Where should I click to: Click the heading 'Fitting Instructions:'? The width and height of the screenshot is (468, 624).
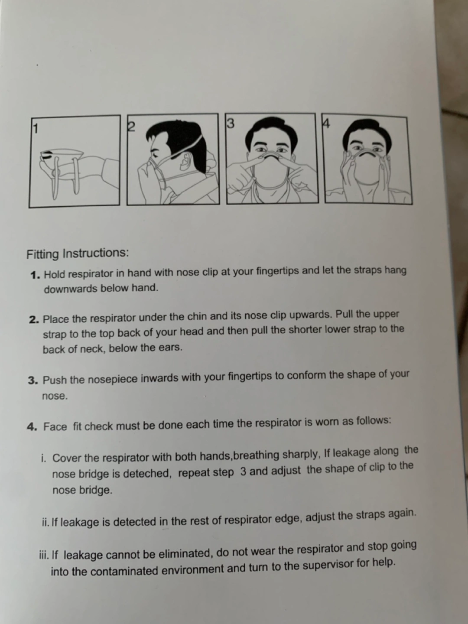coord(78,253)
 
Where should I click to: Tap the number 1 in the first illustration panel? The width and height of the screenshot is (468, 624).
coord(36,128)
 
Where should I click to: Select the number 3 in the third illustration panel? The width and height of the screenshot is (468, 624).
coord(231,123)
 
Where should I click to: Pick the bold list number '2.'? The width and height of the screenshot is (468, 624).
coord(34,320)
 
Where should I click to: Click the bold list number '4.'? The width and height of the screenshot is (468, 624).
coord(32,427)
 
